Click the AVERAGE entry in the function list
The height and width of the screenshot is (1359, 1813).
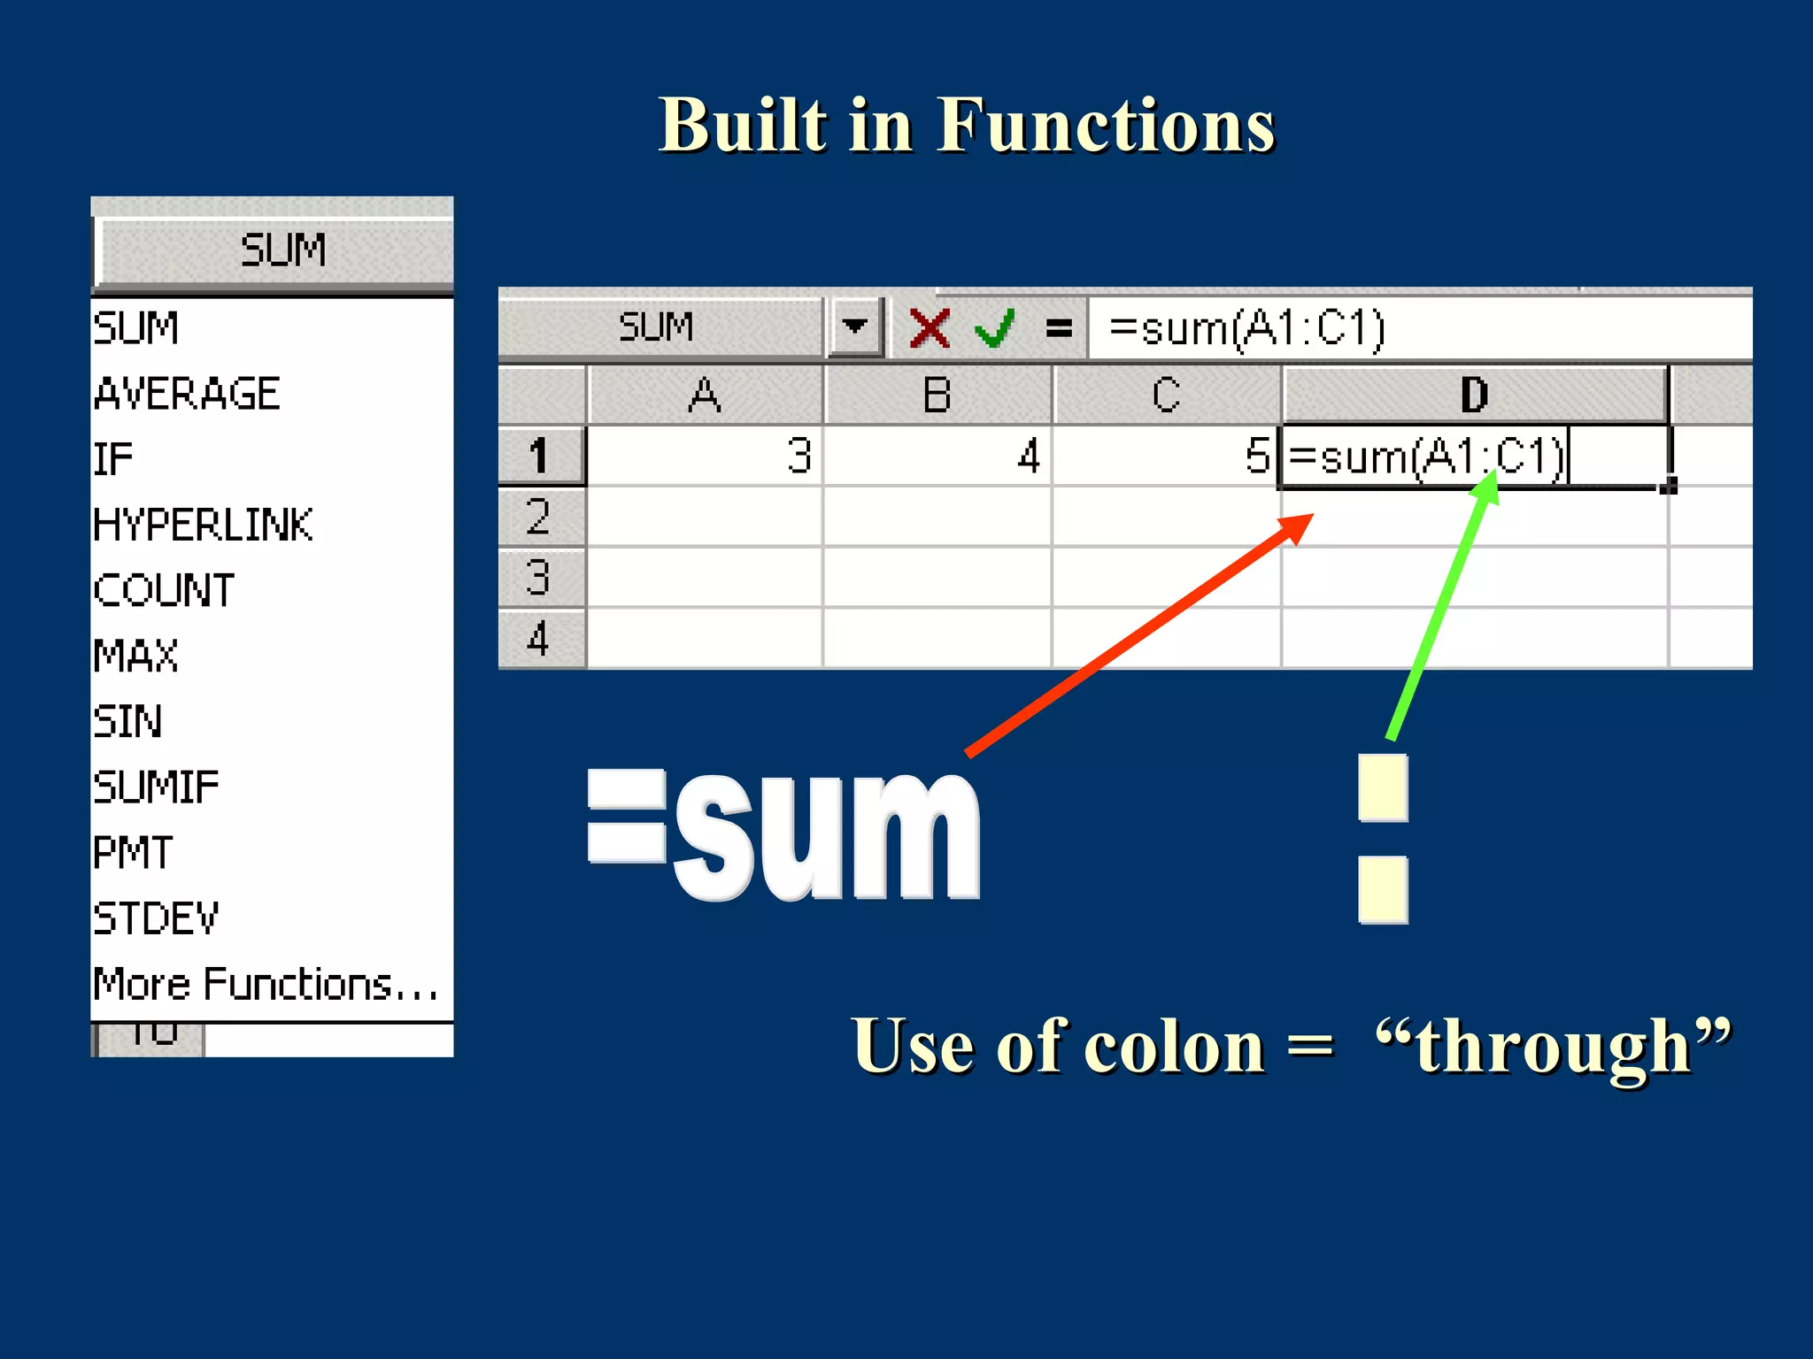pyautogui.click(x=188, y=393)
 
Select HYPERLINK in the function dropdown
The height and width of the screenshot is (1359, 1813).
pyautogui.click(x=204, y=524)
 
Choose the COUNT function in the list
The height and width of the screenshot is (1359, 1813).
pyautogui.click(x=165, y=589)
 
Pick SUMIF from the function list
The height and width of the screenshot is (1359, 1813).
pyautogui.click(x=157, y=787)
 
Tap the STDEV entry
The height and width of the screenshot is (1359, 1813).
pyautogui.click(x=157, y=918)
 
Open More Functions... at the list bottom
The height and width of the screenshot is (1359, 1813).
pyautogui.click(x=266, y=984)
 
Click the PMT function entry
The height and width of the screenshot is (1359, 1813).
pyautogui.click(x=134, y=852)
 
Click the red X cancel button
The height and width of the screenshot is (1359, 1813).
pyautogui.click(x=930, y=328)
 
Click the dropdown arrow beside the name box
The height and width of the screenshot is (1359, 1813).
pyautogui.click(x=854, y=326)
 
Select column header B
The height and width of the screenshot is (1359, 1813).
pyautogui.click(x=937, y=395)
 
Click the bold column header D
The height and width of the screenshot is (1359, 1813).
pyautogui.click(x=1474, y=395)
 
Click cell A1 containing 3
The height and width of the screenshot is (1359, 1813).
pyautogui.click(x=705, y=457)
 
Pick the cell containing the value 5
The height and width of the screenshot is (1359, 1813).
pyautogui.click(x=1167, y=457)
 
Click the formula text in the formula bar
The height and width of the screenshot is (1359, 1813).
pyautogui.click(x=1246, y=328)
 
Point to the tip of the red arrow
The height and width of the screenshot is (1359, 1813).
pyautogui.click(x=1310, y=517)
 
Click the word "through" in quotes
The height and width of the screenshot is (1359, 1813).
pyautogui.click(x=1554, y=1047)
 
